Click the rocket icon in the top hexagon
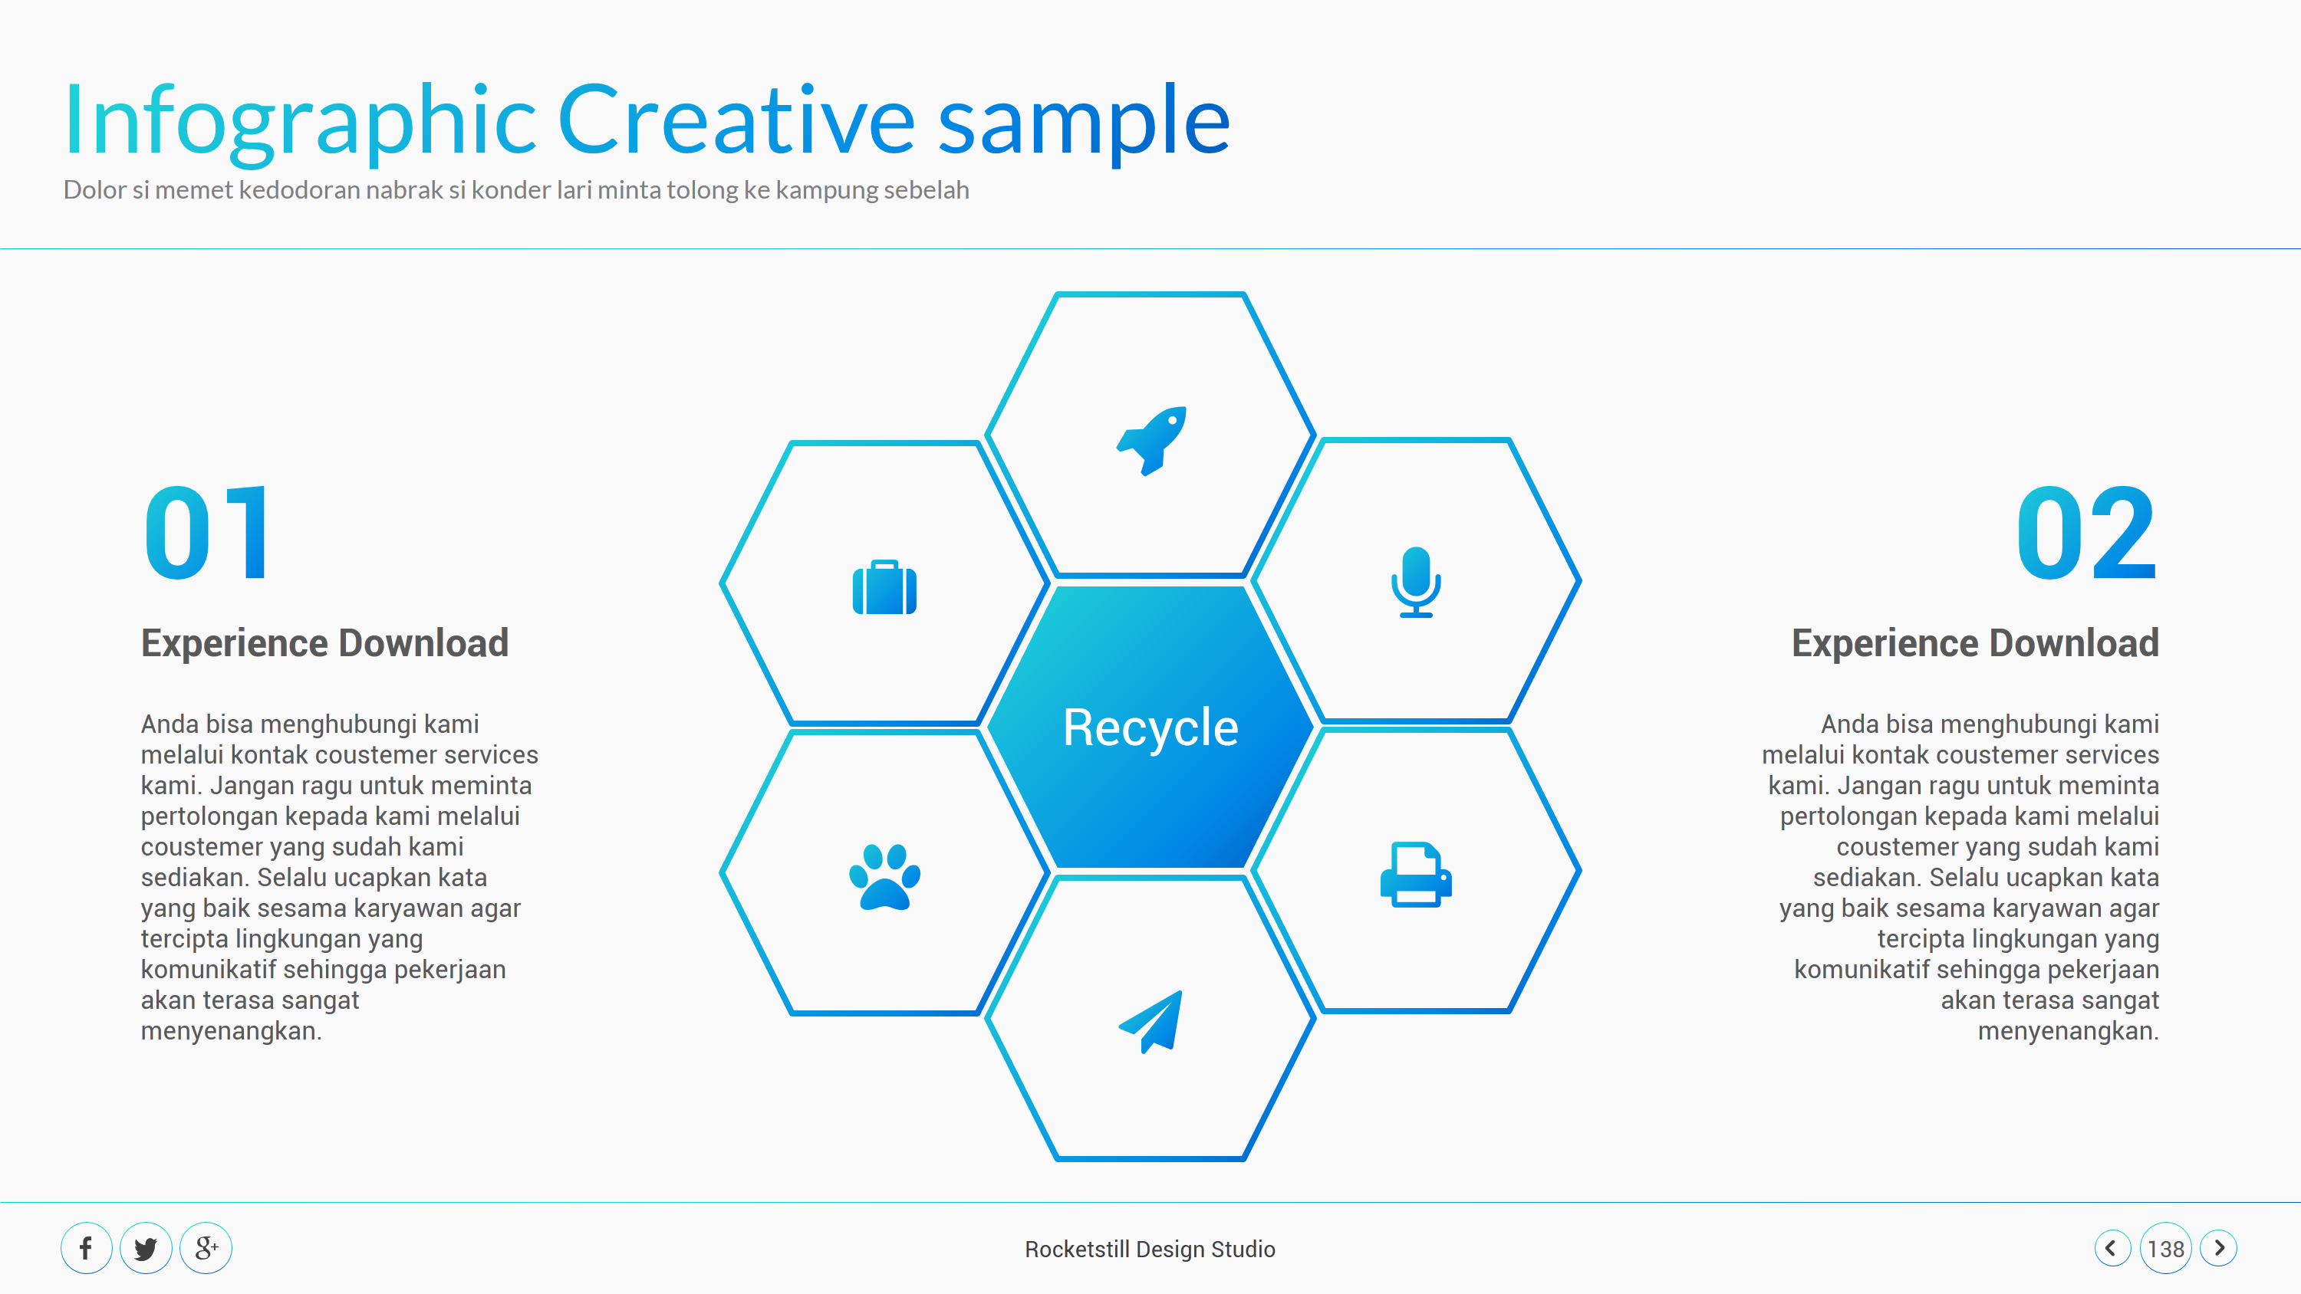click(x=1151, y=440)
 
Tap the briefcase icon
click(x=884, y=588)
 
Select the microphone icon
click(x=1416, y=583)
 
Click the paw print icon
click(x=884, y=877)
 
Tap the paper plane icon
click(x=1151, y=1022)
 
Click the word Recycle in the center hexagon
click(x=1150, y=727)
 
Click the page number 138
click(x=2165, y=1249)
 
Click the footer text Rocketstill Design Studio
click(x=1150, y=1249)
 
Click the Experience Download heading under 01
click(x=324, y=643)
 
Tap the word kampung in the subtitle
click(x=826, y=190)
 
